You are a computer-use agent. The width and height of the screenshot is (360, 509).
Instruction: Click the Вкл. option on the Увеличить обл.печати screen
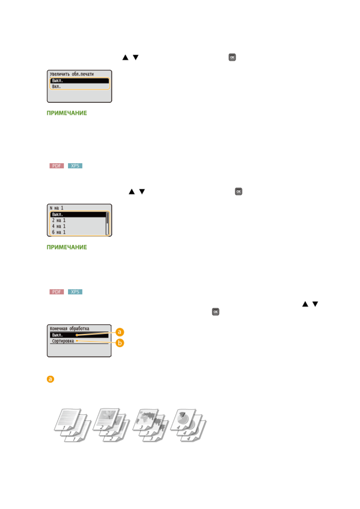coord(57,87)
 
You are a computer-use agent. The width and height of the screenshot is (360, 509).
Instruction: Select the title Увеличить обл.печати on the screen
coord(72,74)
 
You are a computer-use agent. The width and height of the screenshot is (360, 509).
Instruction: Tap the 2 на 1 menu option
coord(59,220)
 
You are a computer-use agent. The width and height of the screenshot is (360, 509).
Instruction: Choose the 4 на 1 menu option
coord(59,226)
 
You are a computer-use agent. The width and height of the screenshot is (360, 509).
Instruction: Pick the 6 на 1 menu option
coord(59,232)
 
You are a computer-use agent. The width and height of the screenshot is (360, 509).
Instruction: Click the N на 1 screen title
coord(57,208)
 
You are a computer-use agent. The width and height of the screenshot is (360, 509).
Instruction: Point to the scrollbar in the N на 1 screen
coord(107,223)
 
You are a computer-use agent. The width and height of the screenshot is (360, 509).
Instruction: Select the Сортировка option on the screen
coord(63,341)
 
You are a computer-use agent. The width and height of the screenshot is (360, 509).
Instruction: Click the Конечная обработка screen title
coord(70,329)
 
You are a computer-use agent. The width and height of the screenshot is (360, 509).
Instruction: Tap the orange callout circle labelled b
coord(120,343)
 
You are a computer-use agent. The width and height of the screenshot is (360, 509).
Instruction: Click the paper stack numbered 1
coord(73,425)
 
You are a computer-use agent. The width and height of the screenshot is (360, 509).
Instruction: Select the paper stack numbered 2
coord(111,425)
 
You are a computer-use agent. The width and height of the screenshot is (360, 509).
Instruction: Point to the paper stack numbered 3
coord(150,425)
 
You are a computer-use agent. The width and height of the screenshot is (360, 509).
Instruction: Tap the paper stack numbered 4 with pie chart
coord(188,425)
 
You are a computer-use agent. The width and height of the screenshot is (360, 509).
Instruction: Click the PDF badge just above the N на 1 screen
coord(57,166)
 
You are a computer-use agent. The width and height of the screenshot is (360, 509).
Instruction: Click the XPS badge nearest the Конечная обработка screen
coord(75,292)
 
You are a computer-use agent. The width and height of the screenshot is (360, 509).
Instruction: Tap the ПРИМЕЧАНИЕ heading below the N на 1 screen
coord(67,247)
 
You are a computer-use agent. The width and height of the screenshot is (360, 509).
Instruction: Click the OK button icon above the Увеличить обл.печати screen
coord(232,57)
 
